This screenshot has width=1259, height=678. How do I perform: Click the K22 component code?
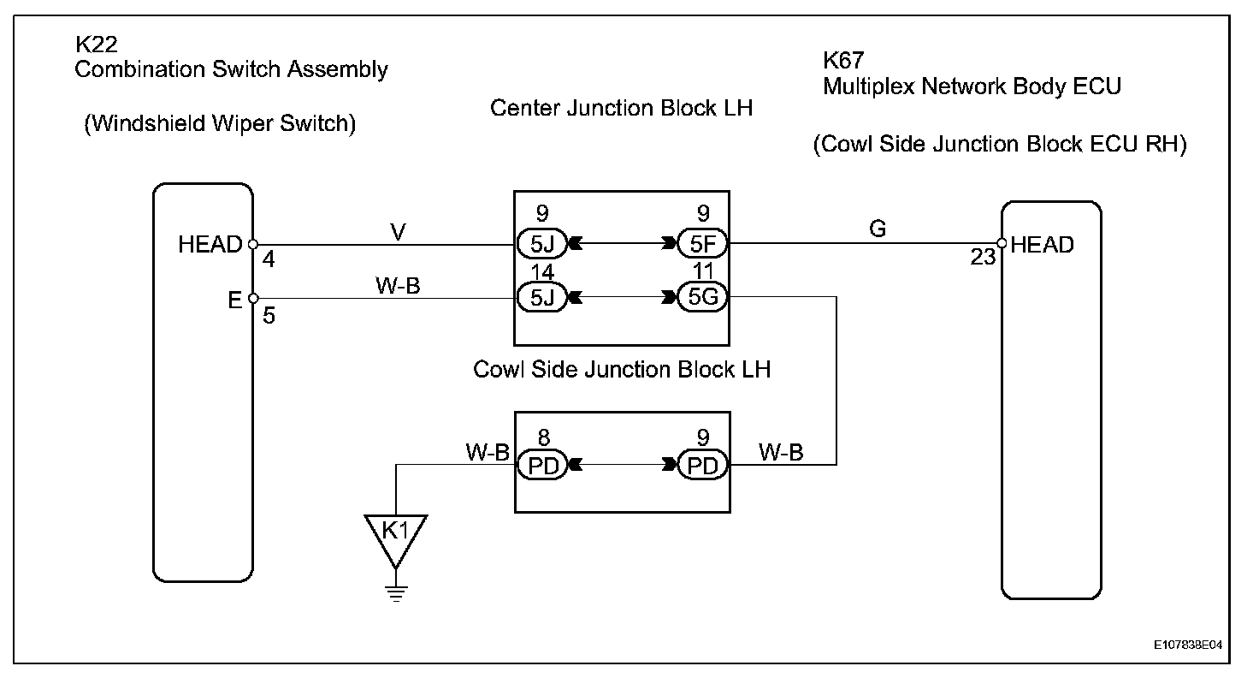(97, 43)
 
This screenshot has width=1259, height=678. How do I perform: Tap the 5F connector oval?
(701, 244)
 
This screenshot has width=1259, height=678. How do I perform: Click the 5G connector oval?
(701, 298)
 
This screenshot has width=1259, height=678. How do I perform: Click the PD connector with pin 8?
(542, 466)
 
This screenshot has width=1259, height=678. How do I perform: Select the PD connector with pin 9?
(702, 466)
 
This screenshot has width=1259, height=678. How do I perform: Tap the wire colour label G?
(878, 229)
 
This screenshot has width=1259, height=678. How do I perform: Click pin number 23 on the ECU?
(984, 256)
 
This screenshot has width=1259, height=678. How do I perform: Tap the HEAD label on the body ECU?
(1042, 245)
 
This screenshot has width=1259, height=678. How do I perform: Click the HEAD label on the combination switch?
(210, 245)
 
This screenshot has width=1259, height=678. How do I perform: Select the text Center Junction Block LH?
(622, 109)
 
